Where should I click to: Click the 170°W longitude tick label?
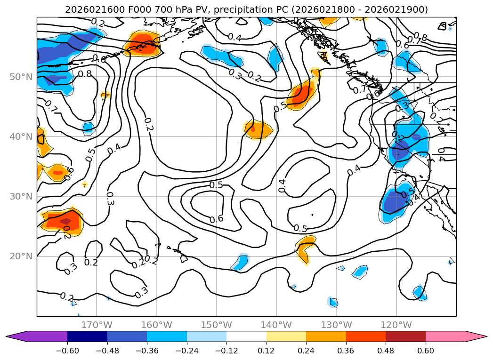(97, 325)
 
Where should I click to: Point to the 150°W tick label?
(217, 325)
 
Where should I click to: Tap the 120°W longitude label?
(396, 325)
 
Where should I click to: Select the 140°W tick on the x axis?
(276, 325)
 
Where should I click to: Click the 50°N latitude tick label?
(21, 77)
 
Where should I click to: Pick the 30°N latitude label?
(21, 196)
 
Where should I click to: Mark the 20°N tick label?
(21, 256)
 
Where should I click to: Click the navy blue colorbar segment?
(87, 336)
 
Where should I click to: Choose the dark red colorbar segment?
(405, 336)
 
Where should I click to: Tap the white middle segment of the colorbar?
(246, 336)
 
